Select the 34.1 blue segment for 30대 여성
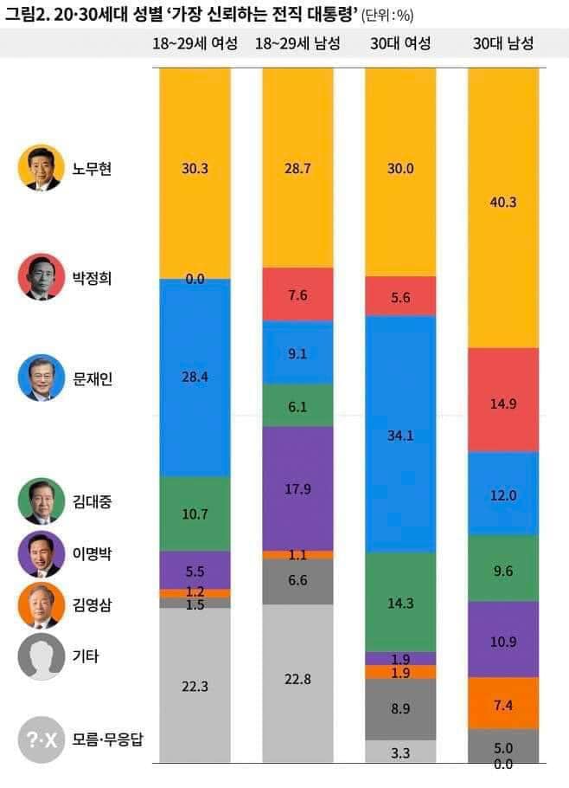(x=400, y=434)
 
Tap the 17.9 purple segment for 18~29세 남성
(x=297, y=488)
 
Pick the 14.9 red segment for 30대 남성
(x=503, y=399)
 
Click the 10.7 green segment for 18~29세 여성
(x=195, y=513)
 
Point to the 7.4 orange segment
(x=503, y=703)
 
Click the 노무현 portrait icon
(x=41, y=168)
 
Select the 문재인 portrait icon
(x=41, y=378)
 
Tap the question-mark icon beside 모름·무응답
(x=41, y=740)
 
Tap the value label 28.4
(x=195, y=378)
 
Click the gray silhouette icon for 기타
(x=41, y=656)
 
